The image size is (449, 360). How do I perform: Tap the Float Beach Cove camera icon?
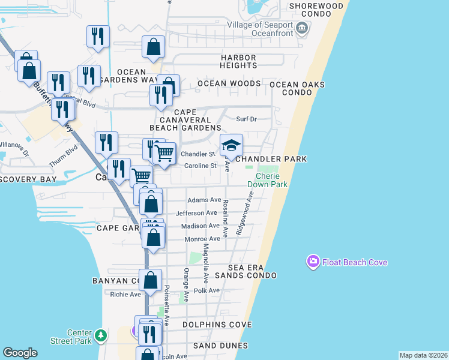(x=313, y=262)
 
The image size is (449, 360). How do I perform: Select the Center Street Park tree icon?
(x=102, y=334)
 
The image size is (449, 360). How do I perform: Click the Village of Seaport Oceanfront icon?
(x=303, y=28)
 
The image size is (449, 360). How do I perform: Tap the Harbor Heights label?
(x=238, y=61)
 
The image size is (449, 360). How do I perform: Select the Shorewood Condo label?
(x=316, y=6)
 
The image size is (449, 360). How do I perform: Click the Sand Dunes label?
(x=220, y=346)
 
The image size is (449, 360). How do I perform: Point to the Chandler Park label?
(x=271, y=159)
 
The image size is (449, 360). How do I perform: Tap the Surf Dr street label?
(x=246, y=119)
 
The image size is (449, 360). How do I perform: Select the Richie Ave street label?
(x=125, y=295)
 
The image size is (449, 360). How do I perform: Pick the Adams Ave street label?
(x=204, y=200)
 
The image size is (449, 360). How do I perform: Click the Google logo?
(x=20, y=353)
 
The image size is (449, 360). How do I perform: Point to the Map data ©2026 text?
(x=423, y=355)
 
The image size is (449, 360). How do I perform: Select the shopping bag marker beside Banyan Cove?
(x=150, y=280)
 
